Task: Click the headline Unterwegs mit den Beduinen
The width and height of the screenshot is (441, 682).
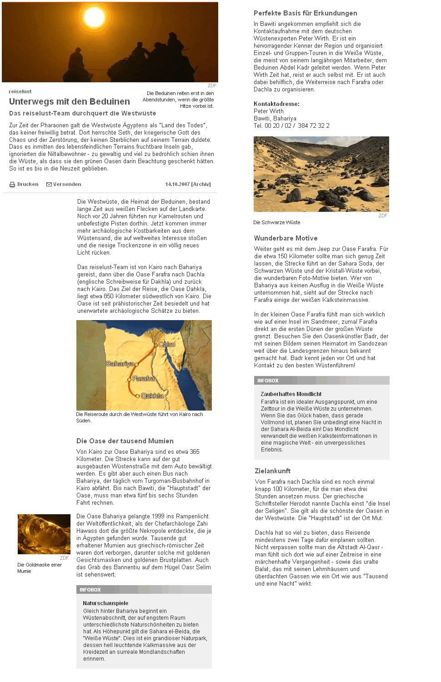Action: click(x=69, y=101)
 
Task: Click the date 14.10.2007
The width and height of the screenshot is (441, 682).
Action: click(x=177, y=184)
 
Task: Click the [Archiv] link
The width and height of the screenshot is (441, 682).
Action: click(x=201, y=184)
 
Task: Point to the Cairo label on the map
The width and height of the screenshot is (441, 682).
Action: click(x=166, y=345)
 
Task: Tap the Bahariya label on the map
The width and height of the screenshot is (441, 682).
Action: click(x=120, y=364)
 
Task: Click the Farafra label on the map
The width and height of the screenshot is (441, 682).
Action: click(x=144, y=378)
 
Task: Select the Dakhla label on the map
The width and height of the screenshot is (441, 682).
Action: click(x=152, y=396)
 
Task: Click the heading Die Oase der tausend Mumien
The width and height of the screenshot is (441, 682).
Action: click(x=125, y=441)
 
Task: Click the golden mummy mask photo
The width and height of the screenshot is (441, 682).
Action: click(x=44, y=534)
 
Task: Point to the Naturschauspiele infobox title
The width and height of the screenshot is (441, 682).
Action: click(x=105, y=603)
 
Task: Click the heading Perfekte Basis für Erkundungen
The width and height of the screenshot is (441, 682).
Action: click(x=305, y=13)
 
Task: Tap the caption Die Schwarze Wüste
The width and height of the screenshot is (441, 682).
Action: click(x=276, y=222)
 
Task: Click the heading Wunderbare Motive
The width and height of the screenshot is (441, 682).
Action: click(x=286, y=238)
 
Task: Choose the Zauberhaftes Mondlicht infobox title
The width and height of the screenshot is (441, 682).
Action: click(x=291, y=394)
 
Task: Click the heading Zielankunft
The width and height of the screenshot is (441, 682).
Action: click(x=272, y=471)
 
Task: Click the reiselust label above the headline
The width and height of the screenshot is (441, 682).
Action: click(x=20, y=91)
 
